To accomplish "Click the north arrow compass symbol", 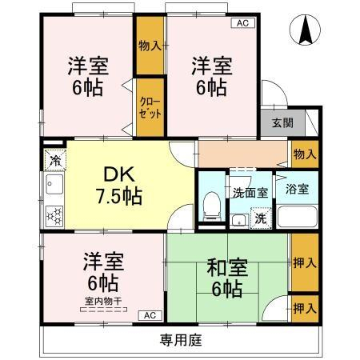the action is [305, 30].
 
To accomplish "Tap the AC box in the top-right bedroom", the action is [242, 23].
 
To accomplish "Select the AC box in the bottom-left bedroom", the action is [150, 315].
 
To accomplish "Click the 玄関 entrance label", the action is [282, 123].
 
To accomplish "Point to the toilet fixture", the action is [212, 206].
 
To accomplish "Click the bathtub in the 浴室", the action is [298, 216].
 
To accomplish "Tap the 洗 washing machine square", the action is [261, 218].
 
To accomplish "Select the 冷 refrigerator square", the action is [55, 160].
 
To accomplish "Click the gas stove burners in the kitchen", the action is [54, 216].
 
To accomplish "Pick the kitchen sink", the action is [54, 184].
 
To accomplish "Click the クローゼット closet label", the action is [150, 108].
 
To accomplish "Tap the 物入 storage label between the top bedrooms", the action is [150, 46].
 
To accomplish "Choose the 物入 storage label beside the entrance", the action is [305, 154].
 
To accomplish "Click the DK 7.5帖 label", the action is [119, 185].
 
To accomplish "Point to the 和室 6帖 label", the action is [227, 278].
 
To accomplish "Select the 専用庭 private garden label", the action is [181, 340].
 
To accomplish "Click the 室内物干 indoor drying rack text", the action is [103, 302].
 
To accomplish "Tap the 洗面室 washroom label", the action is [250, 193].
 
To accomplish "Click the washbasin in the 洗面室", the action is [239, 221].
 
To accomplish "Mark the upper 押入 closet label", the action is [305, 263].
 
